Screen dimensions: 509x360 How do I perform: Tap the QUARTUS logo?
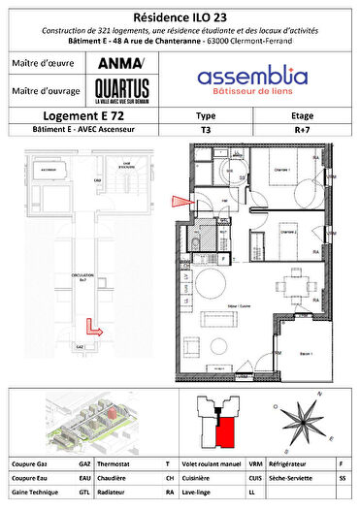(119, 93)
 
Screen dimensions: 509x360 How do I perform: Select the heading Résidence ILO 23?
(180, 16)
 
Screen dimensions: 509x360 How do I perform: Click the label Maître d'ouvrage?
(45, 92)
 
